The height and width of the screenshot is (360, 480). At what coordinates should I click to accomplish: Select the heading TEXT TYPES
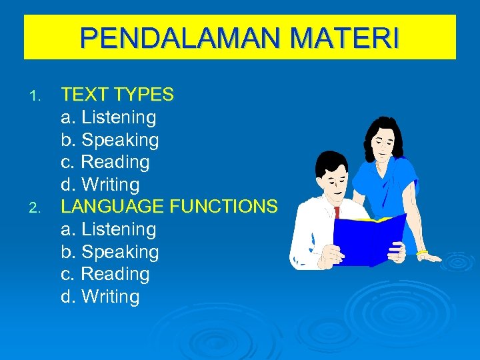click(x=117, y=95)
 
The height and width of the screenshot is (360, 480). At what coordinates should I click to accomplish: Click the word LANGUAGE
click(x=112, y=207)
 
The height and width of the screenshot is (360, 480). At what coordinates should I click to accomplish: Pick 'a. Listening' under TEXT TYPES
click(x=109, y=117)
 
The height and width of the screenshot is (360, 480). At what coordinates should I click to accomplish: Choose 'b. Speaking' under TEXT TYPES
click(x=110, y=140)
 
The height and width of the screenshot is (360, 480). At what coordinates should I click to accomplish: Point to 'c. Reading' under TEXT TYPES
click(x=105, y=162)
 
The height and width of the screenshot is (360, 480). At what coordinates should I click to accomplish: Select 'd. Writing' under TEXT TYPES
click(x=100, y=185)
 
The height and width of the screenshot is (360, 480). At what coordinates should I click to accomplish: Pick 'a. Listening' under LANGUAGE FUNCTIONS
click(x=109, y=229)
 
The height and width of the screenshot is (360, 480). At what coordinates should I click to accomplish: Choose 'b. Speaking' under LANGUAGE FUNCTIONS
click(x=110, y=252)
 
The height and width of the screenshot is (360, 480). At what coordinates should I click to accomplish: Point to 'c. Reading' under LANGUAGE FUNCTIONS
click(x=105, y=274)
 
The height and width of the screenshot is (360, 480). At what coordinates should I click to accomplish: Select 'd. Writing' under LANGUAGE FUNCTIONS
click(x=100, y=297)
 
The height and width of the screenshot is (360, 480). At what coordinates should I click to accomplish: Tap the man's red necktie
click(x=337, y=212)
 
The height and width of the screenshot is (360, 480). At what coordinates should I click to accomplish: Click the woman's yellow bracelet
click(x=422, y=253)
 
